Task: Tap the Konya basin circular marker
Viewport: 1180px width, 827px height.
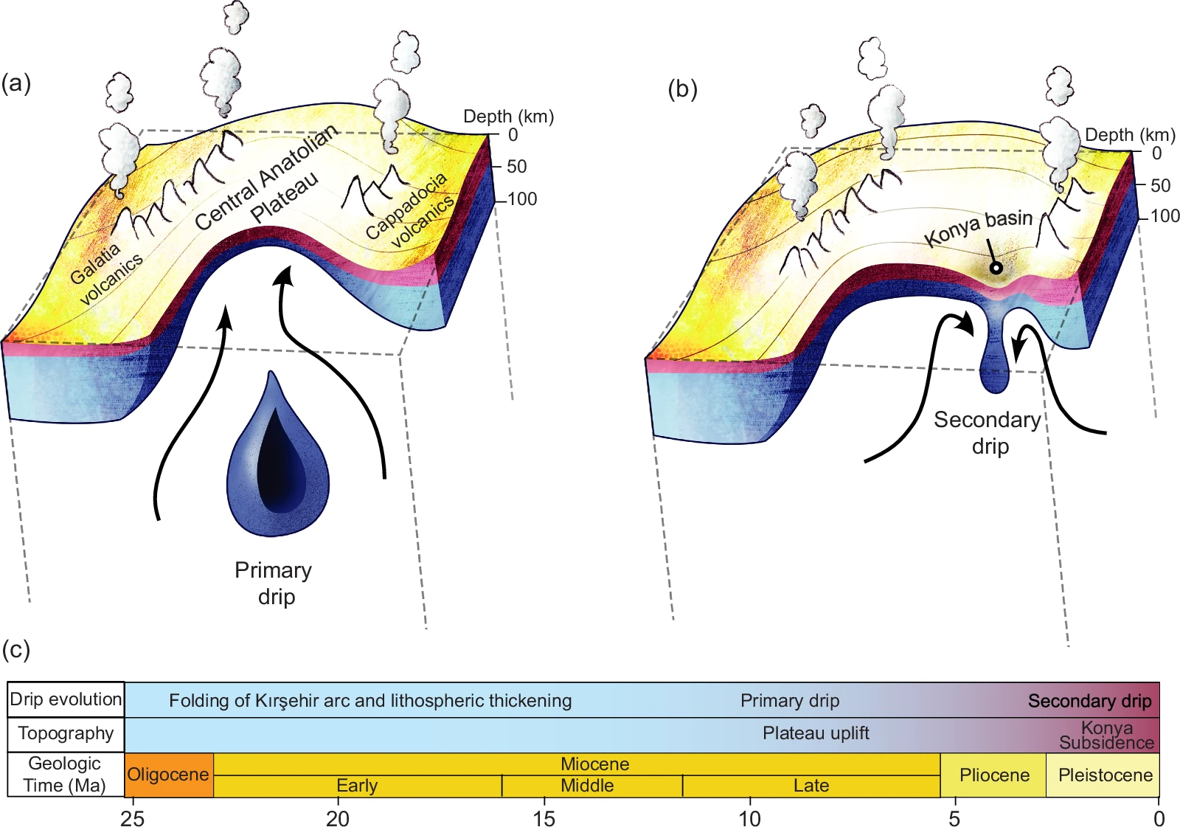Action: (996, 268)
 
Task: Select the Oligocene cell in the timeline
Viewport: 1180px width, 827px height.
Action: (169, 775)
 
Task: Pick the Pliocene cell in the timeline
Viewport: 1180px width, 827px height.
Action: (993, 775)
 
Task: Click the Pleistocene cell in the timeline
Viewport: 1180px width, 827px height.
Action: (1104, 775)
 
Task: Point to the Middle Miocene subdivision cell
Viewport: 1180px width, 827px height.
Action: (587, 786)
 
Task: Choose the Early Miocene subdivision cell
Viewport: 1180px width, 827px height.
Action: (357, 786)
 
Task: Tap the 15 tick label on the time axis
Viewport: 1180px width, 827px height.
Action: (544, 818)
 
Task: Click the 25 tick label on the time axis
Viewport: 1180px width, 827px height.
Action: (133, 818)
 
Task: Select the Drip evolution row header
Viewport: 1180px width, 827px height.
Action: (66, 699)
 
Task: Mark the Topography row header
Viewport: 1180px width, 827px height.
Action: (66, 734)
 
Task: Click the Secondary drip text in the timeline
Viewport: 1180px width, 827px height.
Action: (1089, 701)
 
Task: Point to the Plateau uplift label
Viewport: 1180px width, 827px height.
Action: (816, 733)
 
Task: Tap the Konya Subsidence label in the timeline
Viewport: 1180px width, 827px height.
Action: (1106, 736)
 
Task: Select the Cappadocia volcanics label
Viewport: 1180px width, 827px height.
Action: (410, 211)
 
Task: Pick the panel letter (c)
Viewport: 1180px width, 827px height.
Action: (16, 649)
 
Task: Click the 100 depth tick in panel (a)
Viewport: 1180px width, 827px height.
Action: (522, 199)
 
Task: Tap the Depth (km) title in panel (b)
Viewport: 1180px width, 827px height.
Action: (1129, 135)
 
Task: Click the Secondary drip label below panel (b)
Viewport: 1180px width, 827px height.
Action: (988, 433)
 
